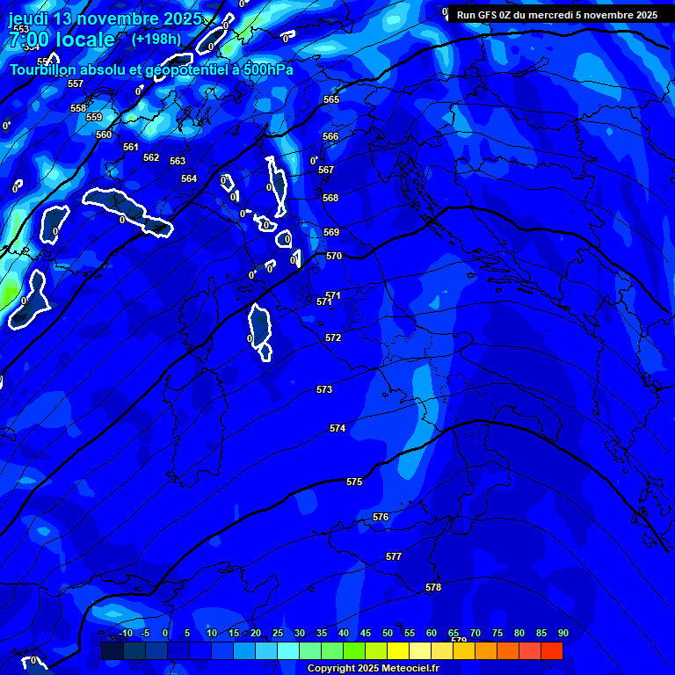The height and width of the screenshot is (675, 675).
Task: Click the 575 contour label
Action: (354, 482)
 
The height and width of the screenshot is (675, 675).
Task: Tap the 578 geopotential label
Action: (433, 587)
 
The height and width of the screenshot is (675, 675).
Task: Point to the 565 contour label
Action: (330, 99)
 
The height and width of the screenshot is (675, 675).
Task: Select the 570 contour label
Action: (333, 256)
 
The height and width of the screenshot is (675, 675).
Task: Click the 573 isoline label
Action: (324, 388)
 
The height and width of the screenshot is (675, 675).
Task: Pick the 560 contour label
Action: (104, 134)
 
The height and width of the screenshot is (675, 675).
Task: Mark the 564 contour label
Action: (189, 178)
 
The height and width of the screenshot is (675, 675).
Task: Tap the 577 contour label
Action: (394, 556)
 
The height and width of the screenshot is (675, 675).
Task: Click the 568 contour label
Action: (330, 198)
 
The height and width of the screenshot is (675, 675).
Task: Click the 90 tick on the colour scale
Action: (562, 633)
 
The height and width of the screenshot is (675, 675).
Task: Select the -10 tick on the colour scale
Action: (126, 633)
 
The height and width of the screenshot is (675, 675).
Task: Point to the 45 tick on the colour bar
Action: (365, 633)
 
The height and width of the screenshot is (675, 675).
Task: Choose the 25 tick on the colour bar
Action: (277, 633)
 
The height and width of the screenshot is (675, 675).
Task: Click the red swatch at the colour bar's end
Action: (551, 650)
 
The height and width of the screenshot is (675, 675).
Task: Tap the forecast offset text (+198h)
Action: (156, 39)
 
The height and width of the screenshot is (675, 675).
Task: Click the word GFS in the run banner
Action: (489, 15)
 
